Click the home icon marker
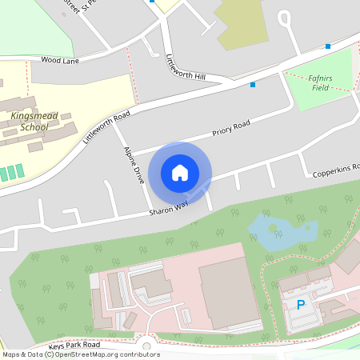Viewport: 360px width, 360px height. click(x=180, y=172)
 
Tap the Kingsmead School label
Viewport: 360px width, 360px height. click(x=29, y=121)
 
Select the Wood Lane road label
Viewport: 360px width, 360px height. click(x=61, y=59)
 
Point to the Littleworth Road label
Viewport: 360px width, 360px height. click(x=106, y=127)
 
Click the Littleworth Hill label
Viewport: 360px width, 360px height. click(x=185, y=68)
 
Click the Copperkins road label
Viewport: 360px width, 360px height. click(x=336, y=167)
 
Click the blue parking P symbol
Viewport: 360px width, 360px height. click(x=301, y=305)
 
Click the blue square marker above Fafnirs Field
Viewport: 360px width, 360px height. click(x=327, y=46)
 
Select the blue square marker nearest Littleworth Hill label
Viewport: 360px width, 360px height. click(x=253, y=84)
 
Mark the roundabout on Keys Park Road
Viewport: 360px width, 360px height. click(x=147, y=346)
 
